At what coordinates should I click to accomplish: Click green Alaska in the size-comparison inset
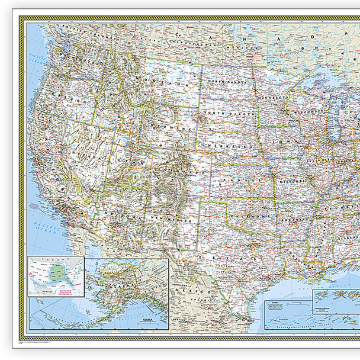pos(57,273)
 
